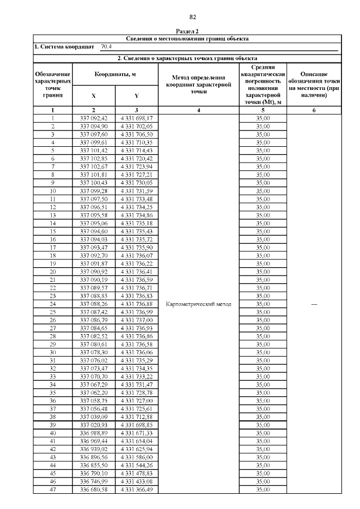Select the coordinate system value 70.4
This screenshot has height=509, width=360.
tap(106, 47)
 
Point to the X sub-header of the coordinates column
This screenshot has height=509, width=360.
tap(93, 96)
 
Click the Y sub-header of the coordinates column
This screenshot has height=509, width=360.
tap(137, 96)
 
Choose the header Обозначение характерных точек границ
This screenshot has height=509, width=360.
tap(53, 84)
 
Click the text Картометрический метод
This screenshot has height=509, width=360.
tap(199, 304)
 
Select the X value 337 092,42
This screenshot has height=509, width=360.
tap(93, 118)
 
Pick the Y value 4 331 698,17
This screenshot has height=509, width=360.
tap(137, 118)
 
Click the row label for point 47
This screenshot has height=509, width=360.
tap(53, 490)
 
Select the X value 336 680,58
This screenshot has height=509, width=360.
tap(93, 490)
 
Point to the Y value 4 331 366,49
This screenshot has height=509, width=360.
tap(137, 490)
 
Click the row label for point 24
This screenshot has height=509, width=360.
tap(53, 304)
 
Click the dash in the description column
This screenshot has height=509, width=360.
tap(314, 304)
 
